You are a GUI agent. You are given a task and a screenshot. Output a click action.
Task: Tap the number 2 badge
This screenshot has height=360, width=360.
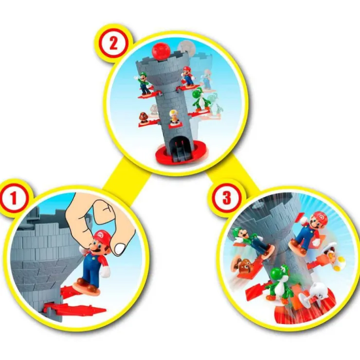click(113, 44)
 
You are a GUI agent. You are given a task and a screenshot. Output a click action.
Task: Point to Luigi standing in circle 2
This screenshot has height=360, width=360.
click(143, 83)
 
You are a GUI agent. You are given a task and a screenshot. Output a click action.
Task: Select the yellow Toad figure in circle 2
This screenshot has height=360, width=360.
click(174, 117)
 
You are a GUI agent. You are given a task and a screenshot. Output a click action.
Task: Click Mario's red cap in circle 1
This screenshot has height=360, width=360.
click(101, 237)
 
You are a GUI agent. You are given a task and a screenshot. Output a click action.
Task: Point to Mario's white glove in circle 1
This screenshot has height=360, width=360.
click(105, 271)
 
